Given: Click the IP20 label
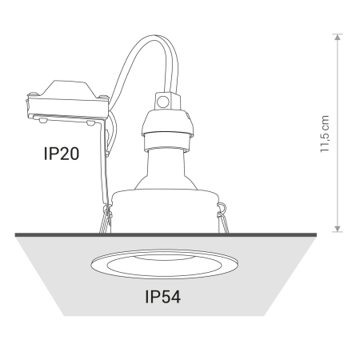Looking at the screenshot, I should tap(62, 154).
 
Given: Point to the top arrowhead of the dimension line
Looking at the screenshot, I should tap(338, 37).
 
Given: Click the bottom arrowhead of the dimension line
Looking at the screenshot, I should tap(338, 229).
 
